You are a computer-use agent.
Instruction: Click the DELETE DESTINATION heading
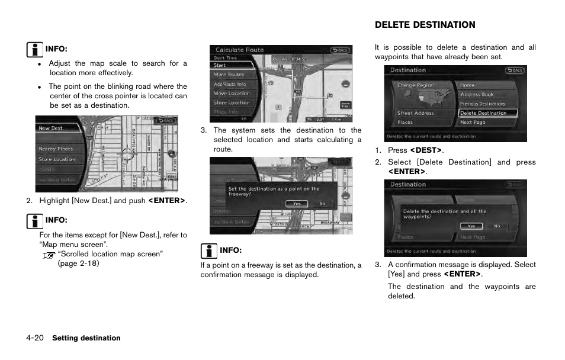coord(425,25)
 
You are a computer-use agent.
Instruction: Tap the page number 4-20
coord(35,338)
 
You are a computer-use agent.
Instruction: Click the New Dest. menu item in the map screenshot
coord(52,128)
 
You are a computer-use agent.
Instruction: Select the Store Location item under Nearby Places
coord(57,159)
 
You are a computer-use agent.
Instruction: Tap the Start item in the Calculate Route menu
coord(220,66)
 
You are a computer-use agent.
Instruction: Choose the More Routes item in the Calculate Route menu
coord(229,75)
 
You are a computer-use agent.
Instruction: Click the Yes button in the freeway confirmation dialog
coord(297,204)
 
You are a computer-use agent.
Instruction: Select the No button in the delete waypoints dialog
coord(497,226)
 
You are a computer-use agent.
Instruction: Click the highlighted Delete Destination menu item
coord(484,113)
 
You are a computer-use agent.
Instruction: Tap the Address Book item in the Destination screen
coord(477,94)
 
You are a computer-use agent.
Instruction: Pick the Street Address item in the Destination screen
coord(415,113)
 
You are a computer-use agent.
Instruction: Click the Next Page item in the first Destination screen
coord(473,123)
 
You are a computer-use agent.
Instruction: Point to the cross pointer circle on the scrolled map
coord(128,155)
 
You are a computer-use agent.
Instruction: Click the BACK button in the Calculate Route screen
coord(340,50)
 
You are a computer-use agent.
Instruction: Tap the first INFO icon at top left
coord(36,49)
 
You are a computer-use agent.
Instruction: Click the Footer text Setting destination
coord(86,338)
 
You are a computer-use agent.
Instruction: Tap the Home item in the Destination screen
coord(467,85)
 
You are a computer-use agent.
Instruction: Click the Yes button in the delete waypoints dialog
coord(471,226)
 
